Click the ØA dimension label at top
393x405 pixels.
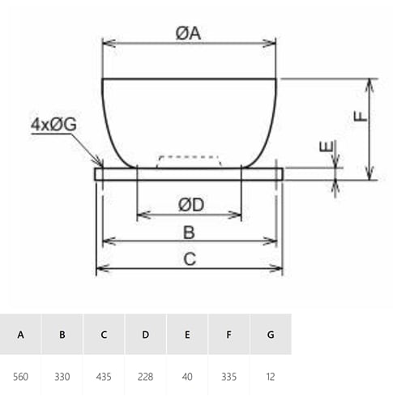tap(188, 34)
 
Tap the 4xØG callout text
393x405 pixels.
tap(53, 125)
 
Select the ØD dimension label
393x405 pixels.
tap(191, 205)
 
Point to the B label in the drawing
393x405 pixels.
tap(189, 232)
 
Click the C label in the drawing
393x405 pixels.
tap(190, 259)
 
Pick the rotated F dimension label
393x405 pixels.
tap(361, 117)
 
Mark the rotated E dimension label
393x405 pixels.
tap(326, 147)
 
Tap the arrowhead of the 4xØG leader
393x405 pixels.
tap(100, 164)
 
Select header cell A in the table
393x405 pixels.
tap(20, 335)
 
